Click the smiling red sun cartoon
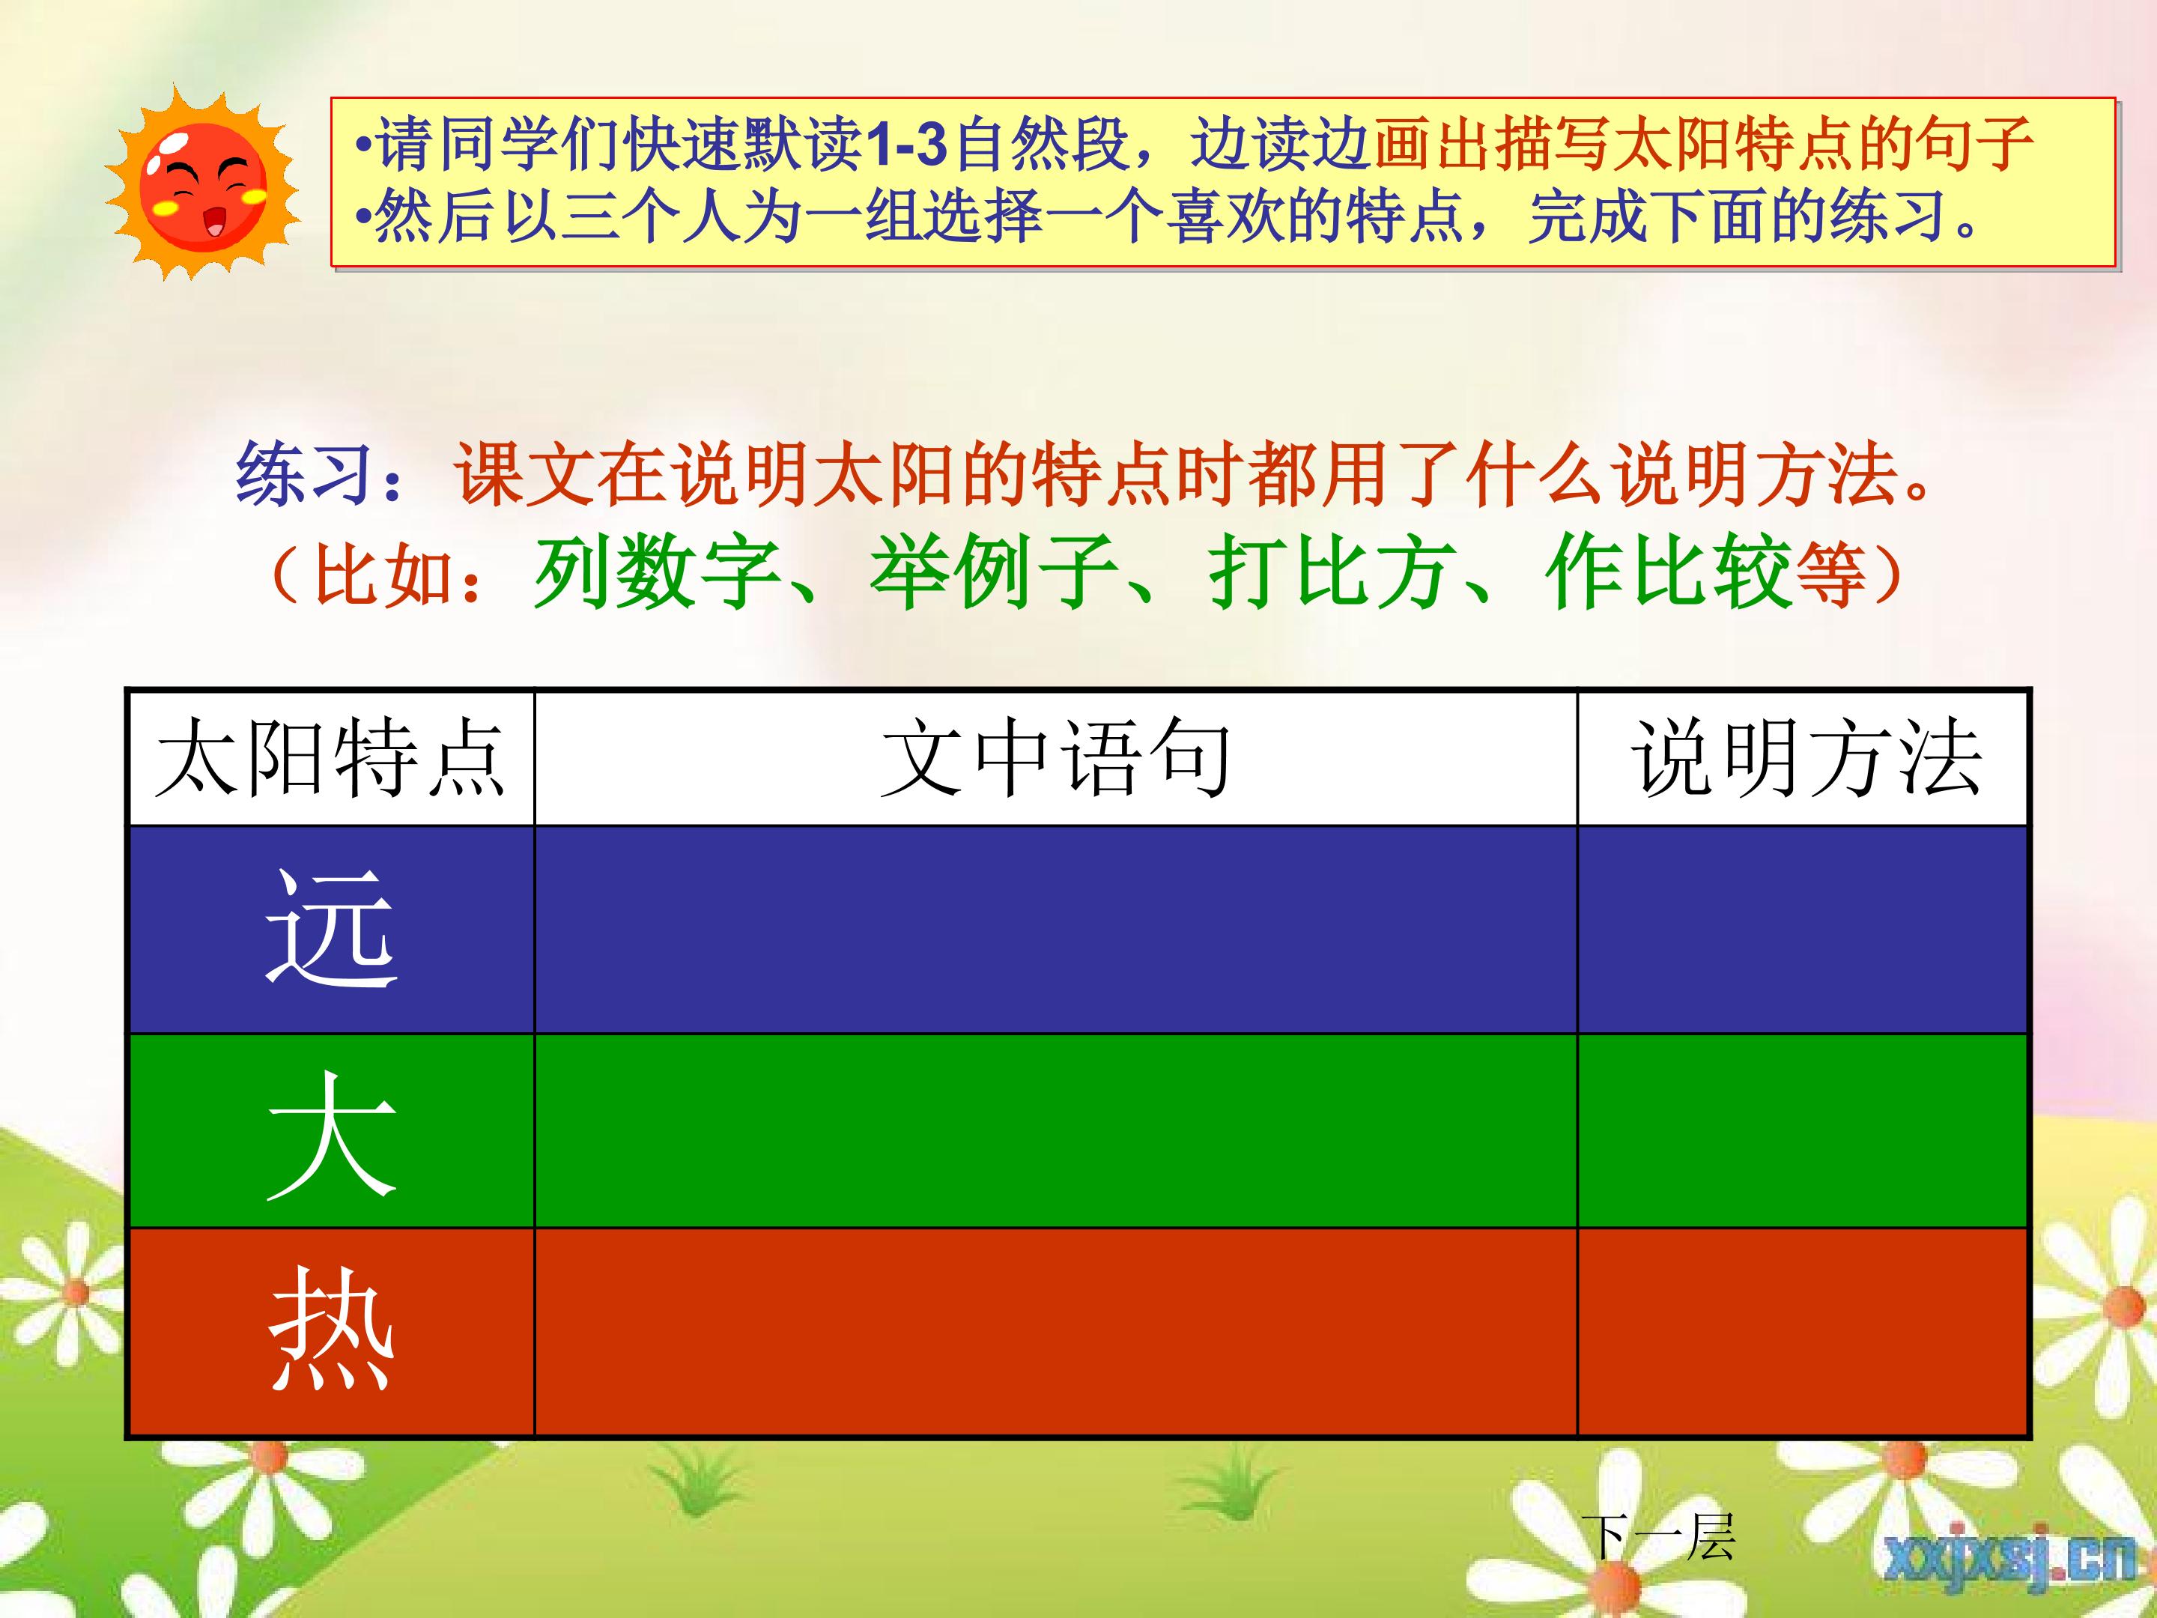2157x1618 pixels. coord(203,181)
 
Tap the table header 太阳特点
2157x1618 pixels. coord(330,759)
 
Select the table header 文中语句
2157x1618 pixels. coord(1055,759)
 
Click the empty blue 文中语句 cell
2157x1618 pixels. coord(1056,930)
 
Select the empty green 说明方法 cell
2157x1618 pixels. coord(1803,1130)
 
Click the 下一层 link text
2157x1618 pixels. coord(1657,1538)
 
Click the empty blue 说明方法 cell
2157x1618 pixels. coord(1803,930)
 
